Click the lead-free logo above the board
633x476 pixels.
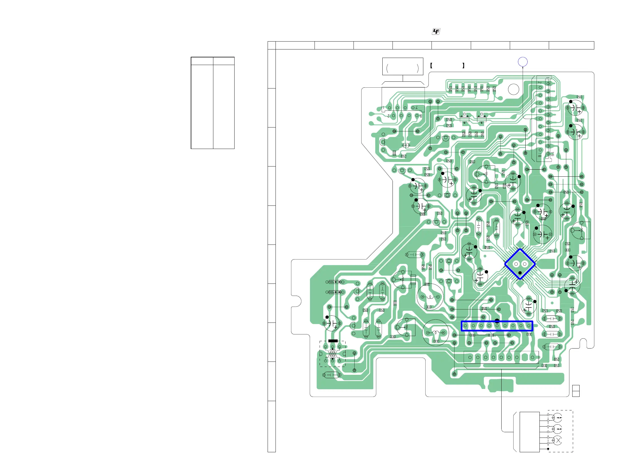[436, 32]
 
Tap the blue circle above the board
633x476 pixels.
[523, 62]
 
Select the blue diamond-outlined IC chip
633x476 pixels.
[520, 264]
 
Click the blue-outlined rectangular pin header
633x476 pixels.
[497, 326]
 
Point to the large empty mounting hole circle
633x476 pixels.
[513, 90]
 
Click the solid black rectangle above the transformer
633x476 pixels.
[333, 341]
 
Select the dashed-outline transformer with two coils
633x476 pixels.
[332, 354]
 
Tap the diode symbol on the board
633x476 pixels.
[406, 145]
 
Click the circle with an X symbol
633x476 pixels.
[558, 440]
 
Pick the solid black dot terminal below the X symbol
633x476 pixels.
[548, 449]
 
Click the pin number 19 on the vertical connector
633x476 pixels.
[552, 154]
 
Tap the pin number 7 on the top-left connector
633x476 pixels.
[417, 108]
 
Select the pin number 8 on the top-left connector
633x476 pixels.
[421, 116]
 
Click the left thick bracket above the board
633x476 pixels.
[431, 66]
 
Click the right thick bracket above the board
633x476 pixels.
[463, 66]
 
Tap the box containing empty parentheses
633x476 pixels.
[403, 67]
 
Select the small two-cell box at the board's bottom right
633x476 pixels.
[576, 391]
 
